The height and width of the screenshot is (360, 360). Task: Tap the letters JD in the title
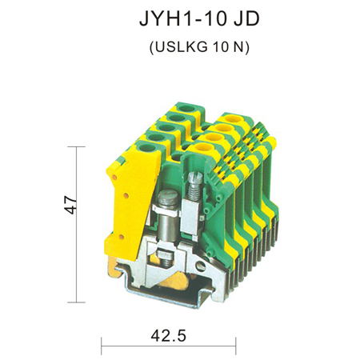click(x=246, y=19)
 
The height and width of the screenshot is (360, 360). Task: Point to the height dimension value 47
click(x=70, y=205)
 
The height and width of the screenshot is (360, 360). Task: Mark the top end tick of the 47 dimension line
click(x=77, y=146)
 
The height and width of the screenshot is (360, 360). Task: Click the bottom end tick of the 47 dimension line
click(x=77, y=302)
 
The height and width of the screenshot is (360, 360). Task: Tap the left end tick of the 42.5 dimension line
click(x=102, y=346)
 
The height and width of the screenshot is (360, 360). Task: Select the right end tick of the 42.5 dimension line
click(x=236, y=346)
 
